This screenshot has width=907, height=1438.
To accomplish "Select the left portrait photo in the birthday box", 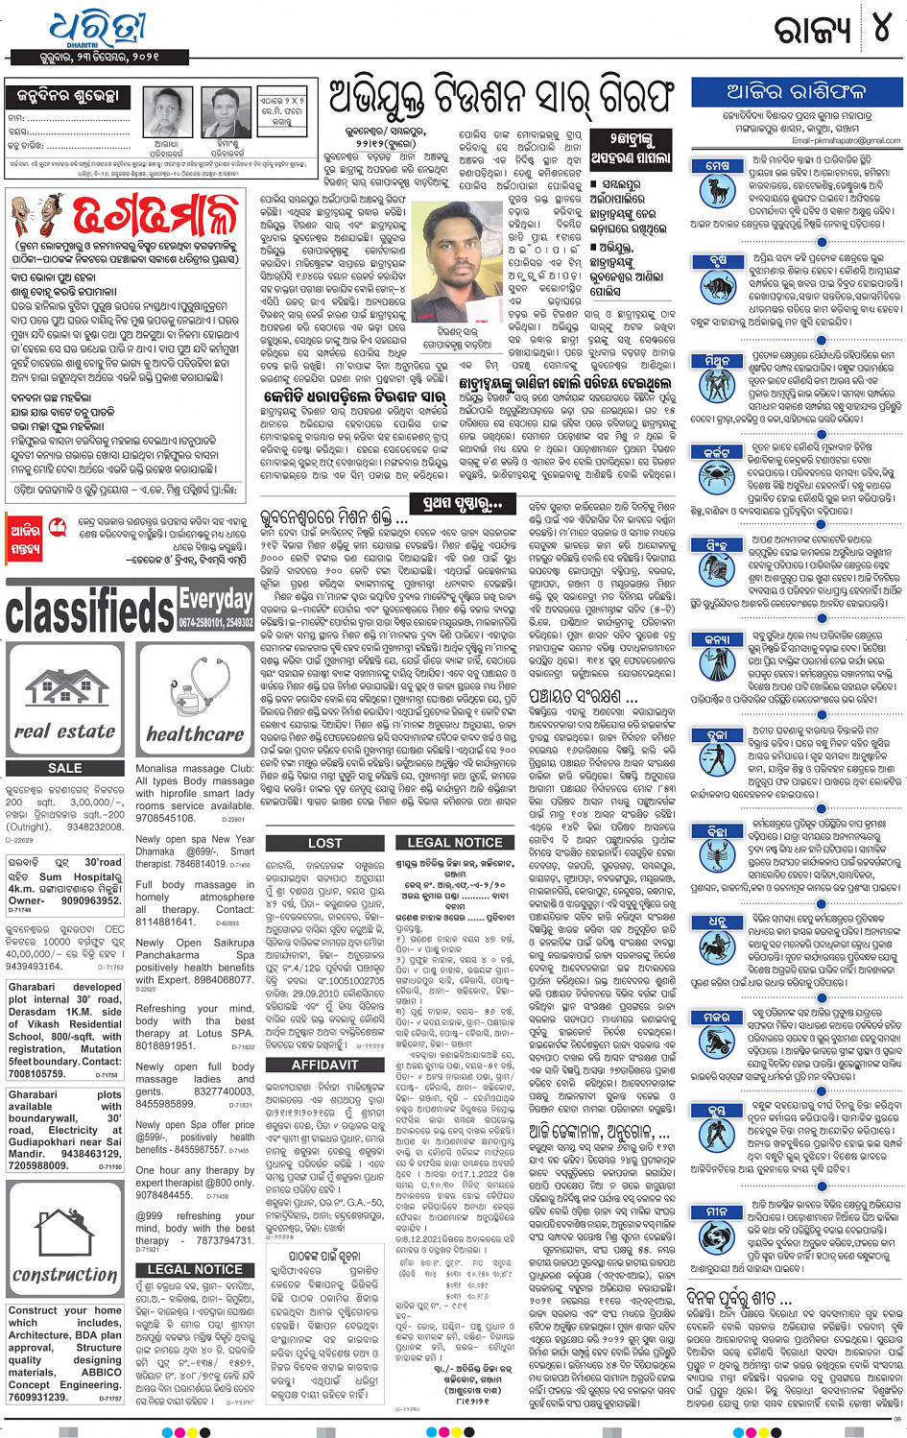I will coord(165,113).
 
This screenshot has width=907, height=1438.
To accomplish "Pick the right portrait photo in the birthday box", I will coord(227,113).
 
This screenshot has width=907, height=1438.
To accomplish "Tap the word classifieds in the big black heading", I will coord(91,612).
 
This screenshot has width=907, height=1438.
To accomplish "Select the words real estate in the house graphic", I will coord(65,731).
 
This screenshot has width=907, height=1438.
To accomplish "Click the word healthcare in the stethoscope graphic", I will coord(195,734).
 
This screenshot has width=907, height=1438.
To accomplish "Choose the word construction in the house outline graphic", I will coord(64,1274).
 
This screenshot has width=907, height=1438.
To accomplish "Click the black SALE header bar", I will coord(65,768).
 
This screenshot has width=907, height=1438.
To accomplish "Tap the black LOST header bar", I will coord(324,843).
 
